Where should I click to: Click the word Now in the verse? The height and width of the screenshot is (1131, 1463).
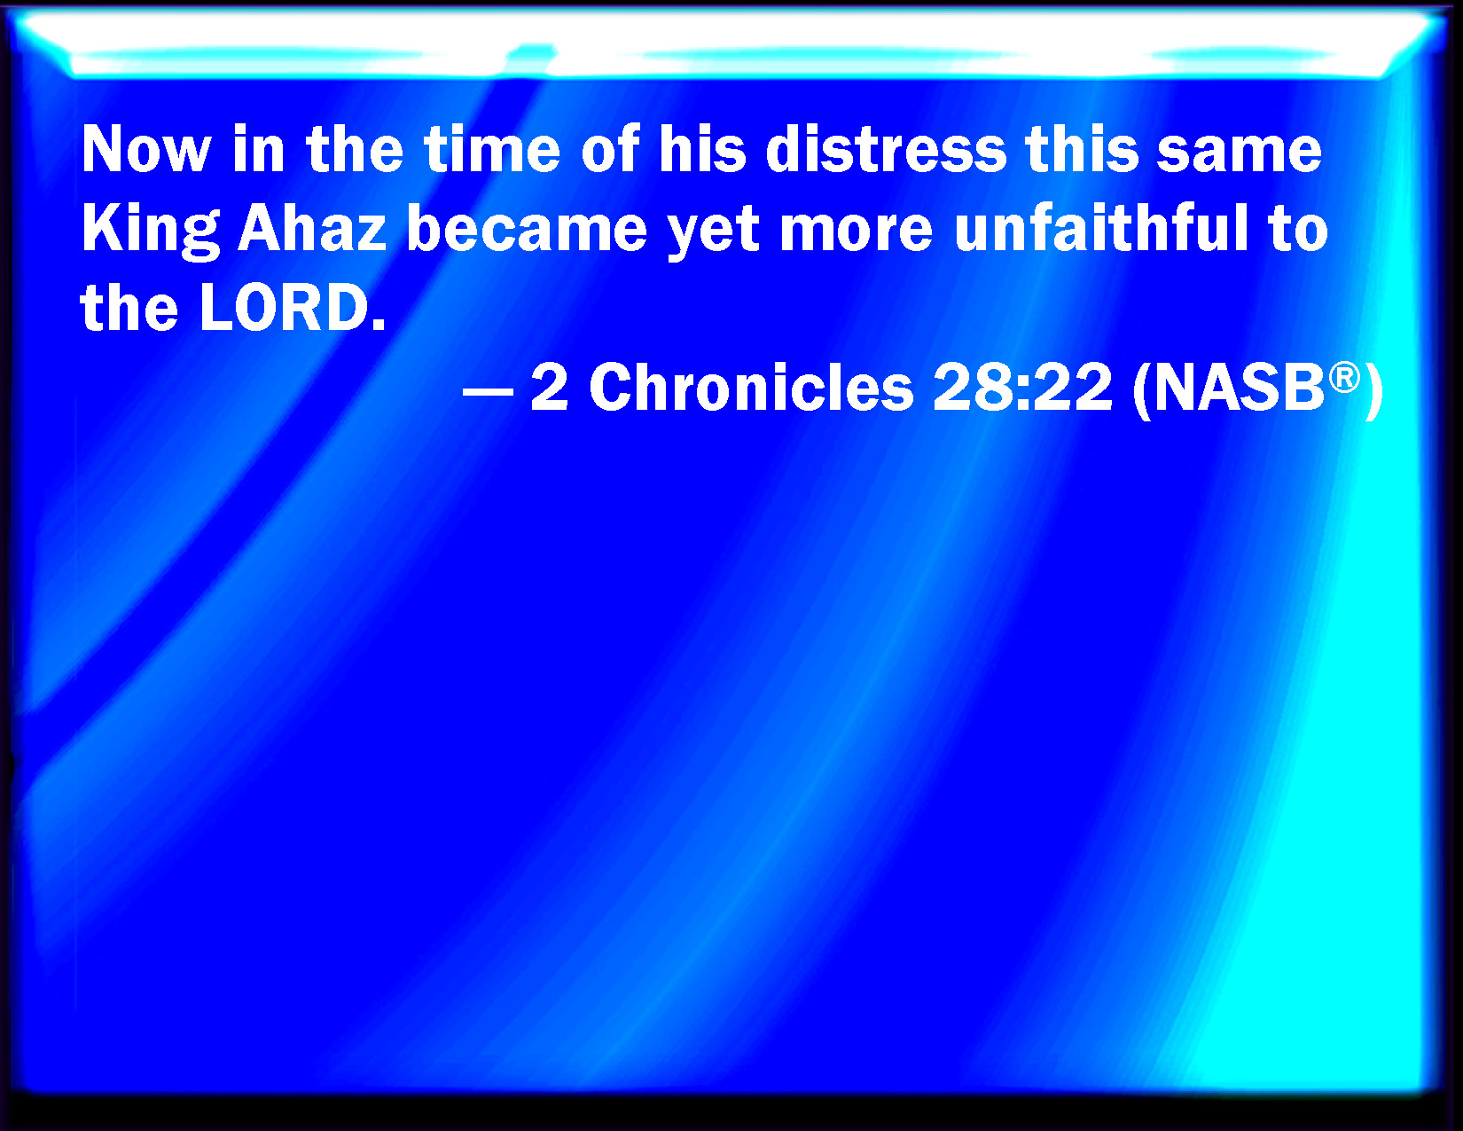coord(146,149)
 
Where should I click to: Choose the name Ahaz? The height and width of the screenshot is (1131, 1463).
coord(312,228)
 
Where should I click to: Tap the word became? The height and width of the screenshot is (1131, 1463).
coord(527,228)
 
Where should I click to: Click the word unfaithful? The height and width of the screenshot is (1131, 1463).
coord(1100,228)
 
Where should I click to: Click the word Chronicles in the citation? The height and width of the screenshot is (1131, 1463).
coord(751,387)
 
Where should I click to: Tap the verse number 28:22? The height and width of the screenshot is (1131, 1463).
coord(1022,387)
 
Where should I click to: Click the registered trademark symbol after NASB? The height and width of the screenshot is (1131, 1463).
coord(1344,377)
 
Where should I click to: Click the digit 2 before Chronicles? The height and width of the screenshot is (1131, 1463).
coord(550,387)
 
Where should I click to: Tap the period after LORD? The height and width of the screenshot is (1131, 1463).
coord(379,326)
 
